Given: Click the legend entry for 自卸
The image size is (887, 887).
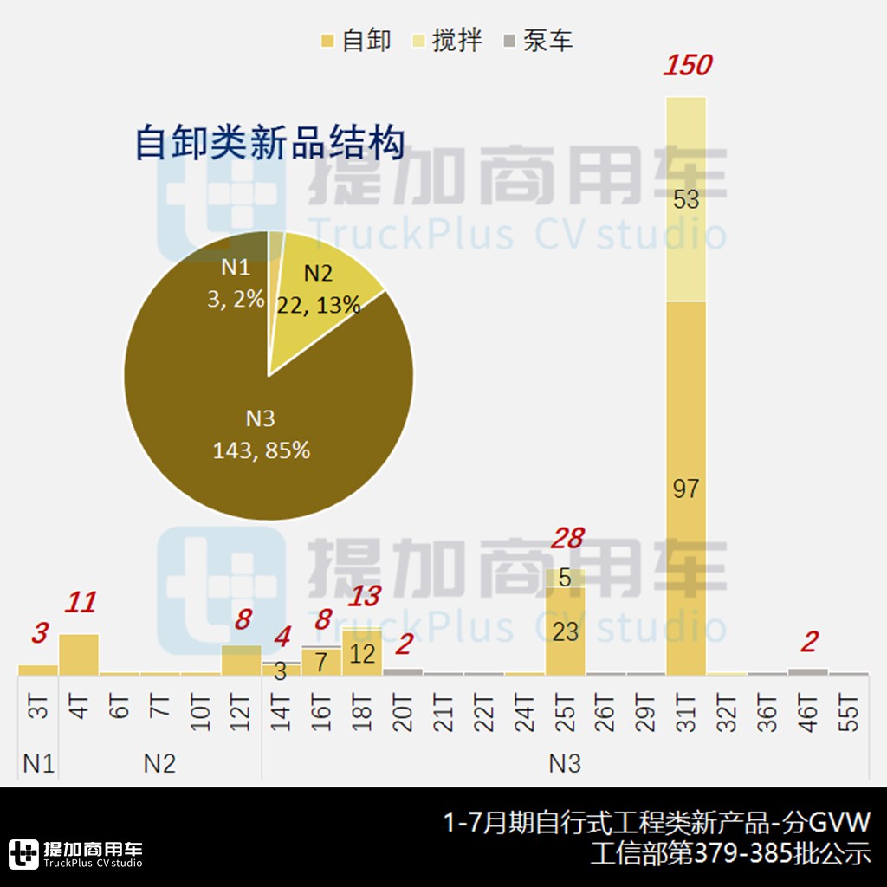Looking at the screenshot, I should point(356,40).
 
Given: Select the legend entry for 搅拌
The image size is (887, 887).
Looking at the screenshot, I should point(447,40).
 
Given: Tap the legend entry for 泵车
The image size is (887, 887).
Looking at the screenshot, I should point(538,40).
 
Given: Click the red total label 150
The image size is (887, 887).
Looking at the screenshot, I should point(687,66).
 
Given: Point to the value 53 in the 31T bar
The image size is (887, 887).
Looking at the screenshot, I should point(686,200).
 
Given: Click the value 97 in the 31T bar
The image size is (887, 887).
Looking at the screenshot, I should point(686,489).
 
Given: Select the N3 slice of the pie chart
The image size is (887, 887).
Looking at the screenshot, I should point(261,433).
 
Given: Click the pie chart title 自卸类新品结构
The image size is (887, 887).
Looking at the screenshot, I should point(270,143).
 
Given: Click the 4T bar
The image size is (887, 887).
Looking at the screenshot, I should point(79,654).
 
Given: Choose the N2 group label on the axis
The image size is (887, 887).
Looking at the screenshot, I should point(159,763).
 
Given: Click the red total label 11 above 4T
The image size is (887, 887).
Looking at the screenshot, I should point(79,603).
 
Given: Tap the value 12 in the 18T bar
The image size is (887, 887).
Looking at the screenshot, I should point(362,653).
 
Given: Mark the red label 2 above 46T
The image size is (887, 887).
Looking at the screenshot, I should point(809,643).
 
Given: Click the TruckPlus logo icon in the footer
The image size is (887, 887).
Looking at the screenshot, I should point(23,853).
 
